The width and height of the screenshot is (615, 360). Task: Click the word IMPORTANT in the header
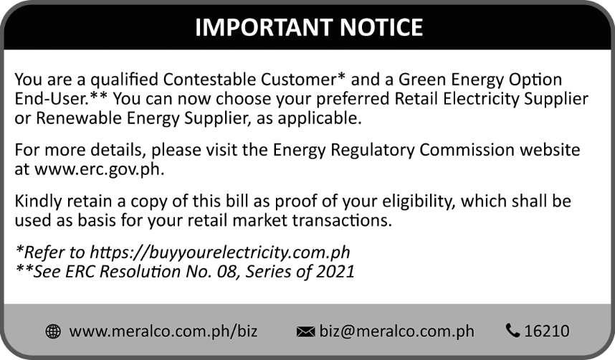coord(264,27)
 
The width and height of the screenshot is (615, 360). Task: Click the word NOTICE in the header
coord(381,27)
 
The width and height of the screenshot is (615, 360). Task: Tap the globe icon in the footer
coord(53,331)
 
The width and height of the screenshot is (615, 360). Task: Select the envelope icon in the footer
coord(305,332)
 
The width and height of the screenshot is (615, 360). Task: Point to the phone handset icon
coord(512,331)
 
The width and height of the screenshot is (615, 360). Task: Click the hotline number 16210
coord(547,331)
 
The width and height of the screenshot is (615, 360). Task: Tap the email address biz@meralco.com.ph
coord(396,331)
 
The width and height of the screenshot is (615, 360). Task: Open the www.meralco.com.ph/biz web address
coord(163,331)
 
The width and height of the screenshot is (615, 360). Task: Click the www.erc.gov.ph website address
coord(100,169)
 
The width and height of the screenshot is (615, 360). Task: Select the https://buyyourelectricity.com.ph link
coord(220,252)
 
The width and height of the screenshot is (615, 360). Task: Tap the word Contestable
coord(210,80)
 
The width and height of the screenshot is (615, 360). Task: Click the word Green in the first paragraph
coord(422,80)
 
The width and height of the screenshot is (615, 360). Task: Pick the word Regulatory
coord(373,150)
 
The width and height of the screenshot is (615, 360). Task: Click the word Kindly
coord(39,201)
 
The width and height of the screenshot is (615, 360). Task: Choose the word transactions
coord(342,220)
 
